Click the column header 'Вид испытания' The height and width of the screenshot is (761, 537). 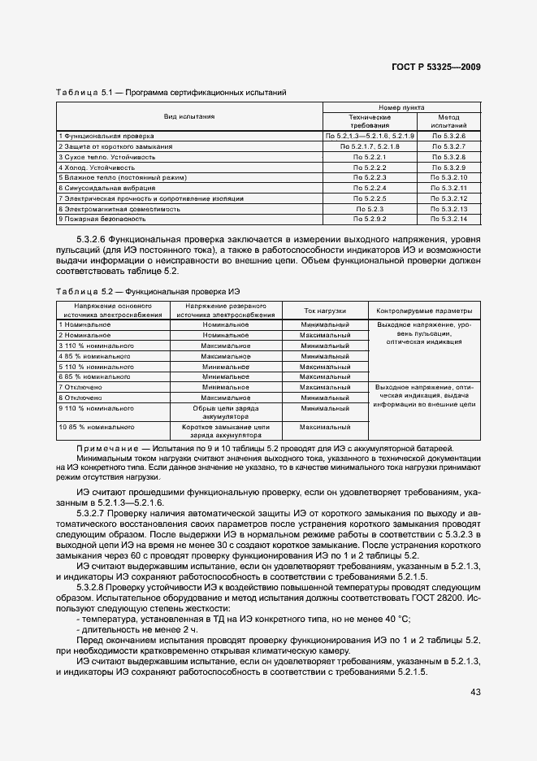pyautogui.click(x=189, y=116)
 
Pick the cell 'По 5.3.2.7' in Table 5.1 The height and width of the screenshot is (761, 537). pyautogui.click(x=448, y=146)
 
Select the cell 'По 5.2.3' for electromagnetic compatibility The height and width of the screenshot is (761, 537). pyautogui.click(x=370, y=209)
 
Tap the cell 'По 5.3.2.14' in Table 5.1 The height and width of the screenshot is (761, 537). pyautogui.click(x=448, y=220)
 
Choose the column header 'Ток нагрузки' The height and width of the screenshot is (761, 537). pyautogui.click(x=325, y=311)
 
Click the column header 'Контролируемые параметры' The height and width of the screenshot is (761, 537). pyautogui.click(x=423, y=311)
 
